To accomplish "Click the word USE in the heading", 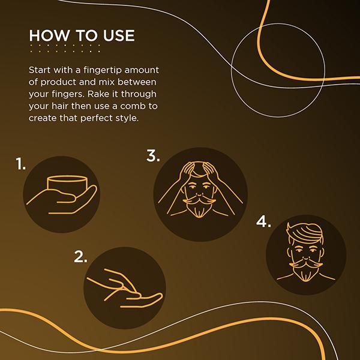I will pyautogui.click(x=118, y=35).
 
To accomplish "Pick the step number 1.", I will pyautogui.click(x=21, y=164).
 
